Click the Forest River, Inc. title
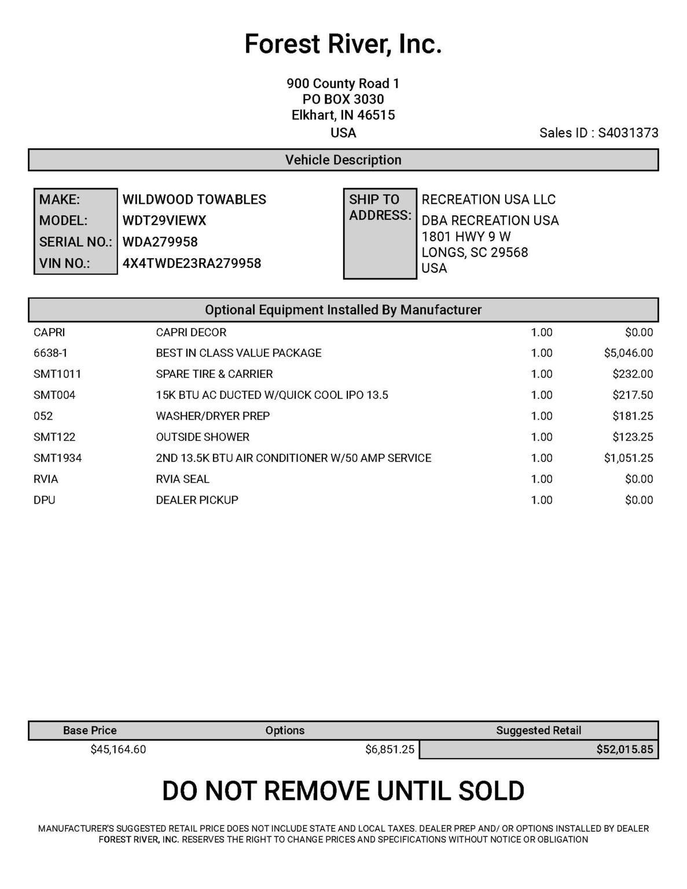343,44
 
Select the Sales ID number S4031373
628,133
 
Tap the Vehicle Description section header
343,160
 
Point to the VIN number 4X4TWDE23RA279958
192,263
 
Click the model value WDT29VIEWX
164,221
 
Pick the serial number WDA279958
160,242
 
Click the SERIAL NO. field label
75,242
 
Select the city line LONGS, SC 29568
475,252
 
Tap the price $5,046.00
628,353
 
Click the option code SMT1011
57,374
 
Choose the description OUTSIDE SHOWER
203,437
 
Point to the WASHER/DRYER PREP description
212,416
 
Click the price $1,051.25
628,458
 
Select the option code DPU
45,500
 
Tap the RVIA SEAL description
182,479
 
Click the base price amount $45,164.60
118,750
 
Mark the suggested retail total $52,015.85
624,750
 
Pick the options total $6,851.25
390,750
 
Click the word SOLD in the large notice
491,791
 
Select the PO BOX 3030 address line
343,100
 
